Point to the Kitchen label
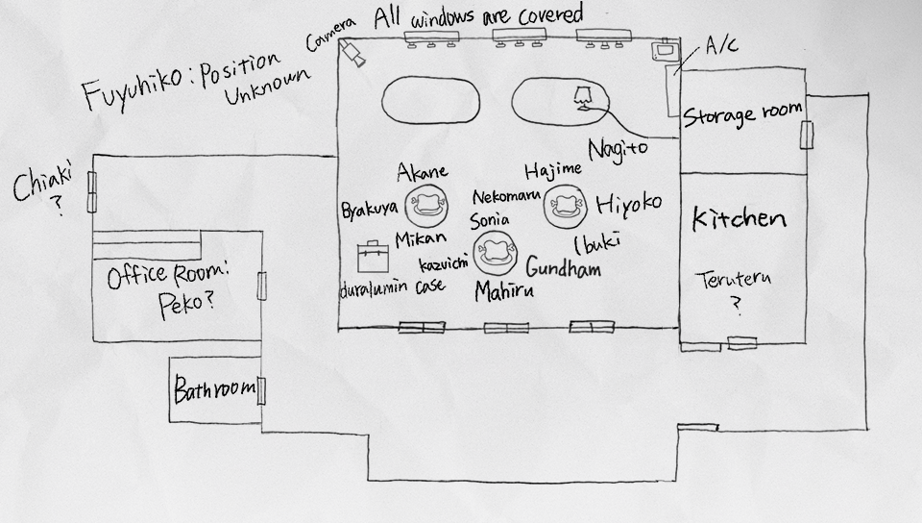(x=739, y=219)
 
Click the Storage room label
(x=741, y=115)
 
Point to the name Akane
(x=423, y=172)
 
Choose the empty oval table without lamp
(x=430, y=101)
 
